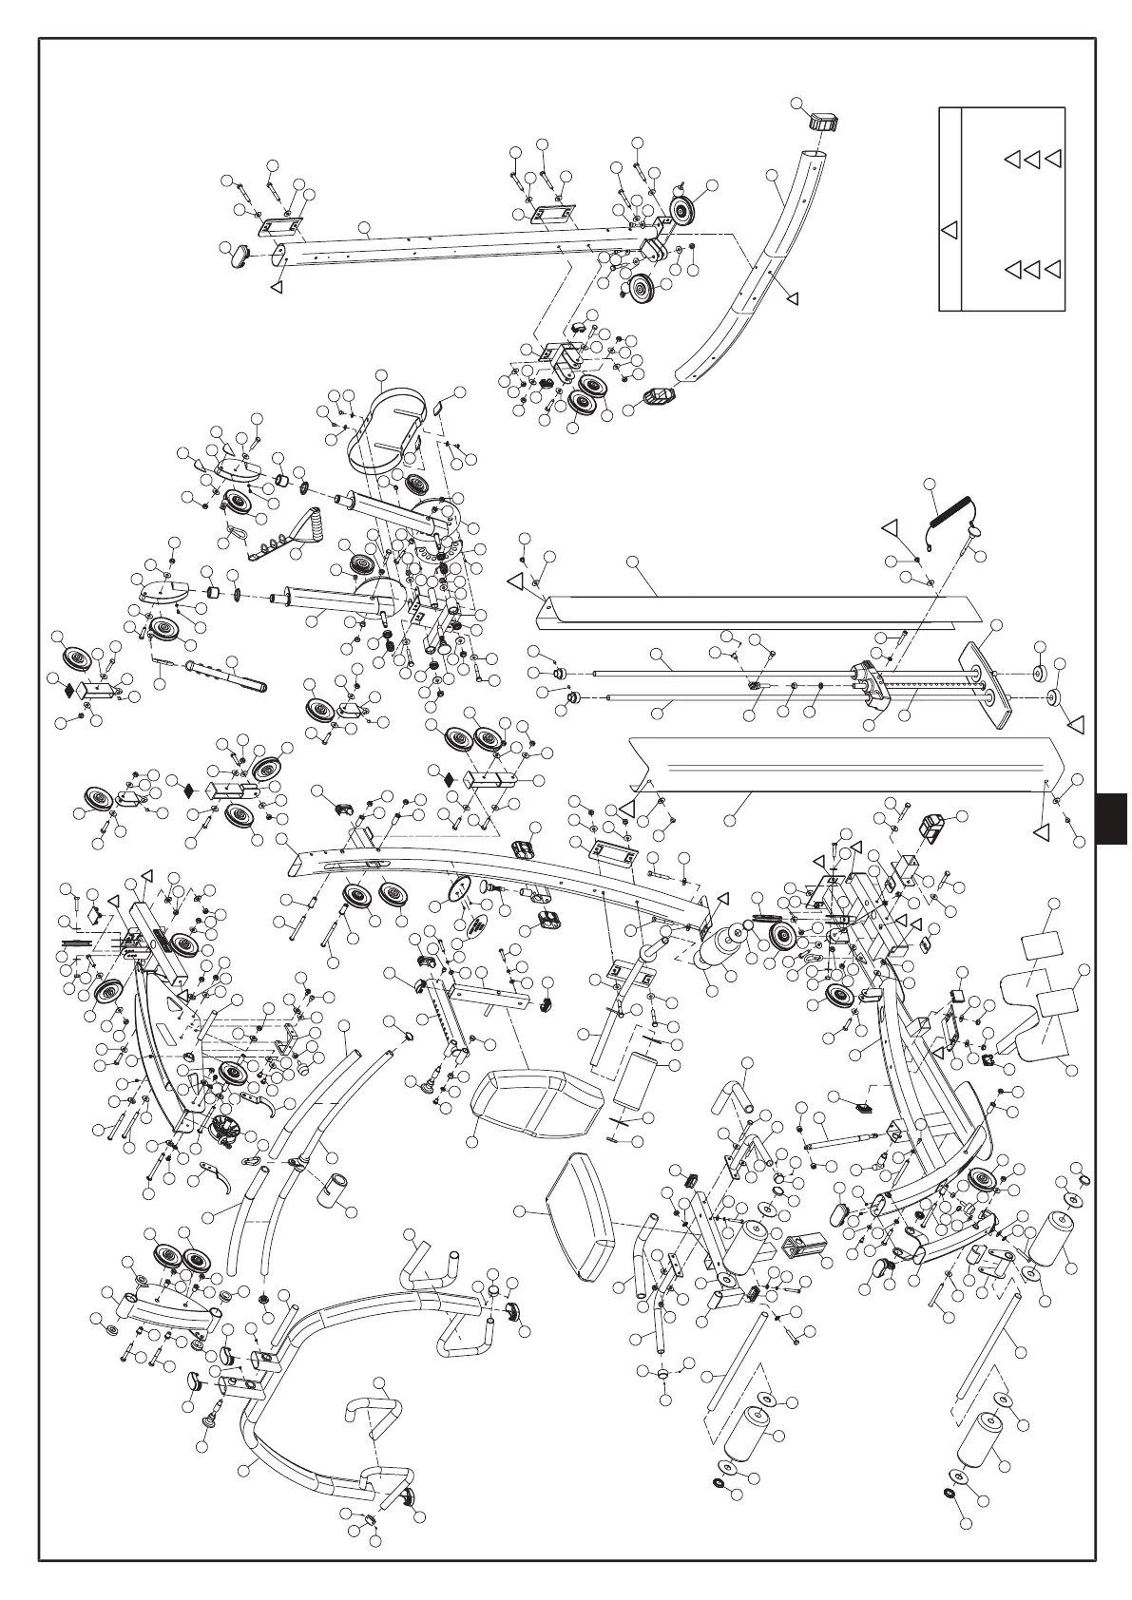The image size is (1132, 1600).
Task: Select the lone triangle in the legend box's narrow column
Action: coord(949,229)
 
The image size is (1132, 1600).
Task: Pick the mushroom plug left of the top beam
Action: coord(243,254)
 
